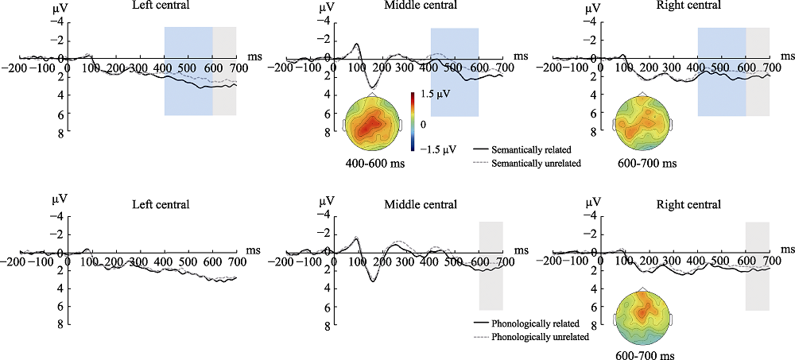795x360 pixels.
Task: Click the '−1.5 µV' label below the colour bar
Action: (434, 149)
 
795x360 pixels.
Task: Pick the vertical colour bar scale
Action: (413, 122)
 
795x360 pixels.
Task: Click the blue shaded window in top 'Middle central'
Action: (455, 72)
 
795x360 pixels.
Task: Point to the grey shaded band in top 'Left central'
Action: (224, 72)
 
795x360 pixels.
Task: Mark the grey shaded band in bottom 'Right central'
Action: (757, 265)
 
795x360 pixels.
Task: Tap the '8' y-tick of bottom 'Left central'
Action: (59, 325)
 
